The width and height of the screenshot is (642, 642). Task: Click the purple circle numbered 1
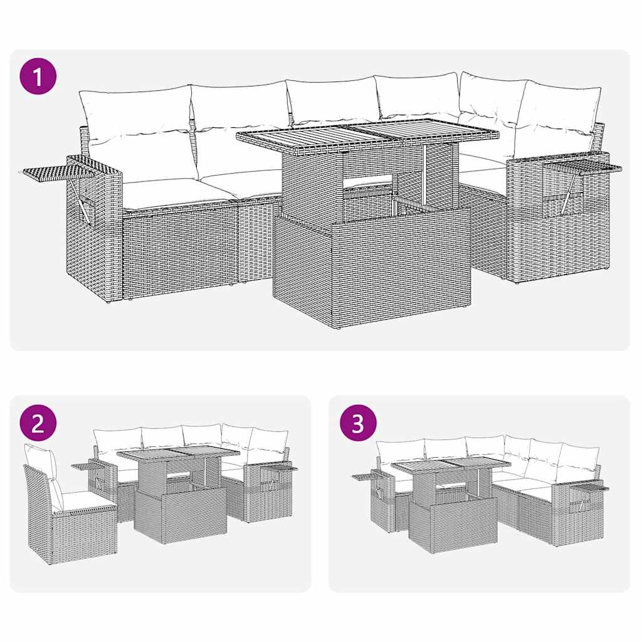[39, 78]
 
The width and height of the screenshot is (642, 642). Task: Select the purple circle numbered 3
[357, 424]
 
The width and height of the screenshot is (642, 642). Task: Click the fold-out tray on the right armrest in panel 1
[583, 167]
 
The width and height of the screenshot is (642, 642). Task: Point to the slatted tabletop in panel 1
[367, 132]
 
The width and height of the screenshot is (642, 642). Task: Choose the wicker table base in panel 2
[181, 515]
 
